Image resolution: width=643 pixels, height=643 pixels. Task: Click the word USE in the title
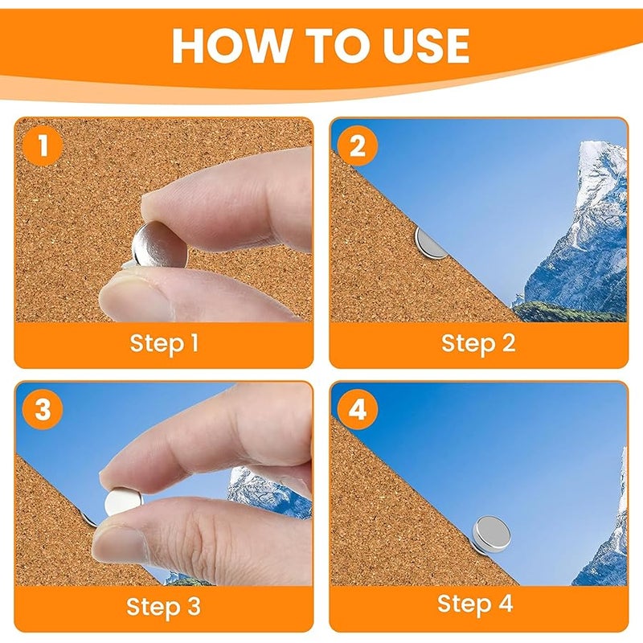[x=424, y=46]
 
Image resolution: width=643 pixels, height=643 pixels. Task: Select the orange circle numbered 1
[x=43, y=145]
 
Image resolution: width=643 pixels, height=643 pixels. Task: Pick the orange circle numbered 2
[x=357, y=145]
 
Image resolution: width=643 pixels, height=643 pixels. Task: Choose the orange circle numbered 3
[x=43, y=409]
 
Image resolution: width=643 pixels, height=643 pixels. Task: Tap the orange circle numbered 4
[x=357, y=409]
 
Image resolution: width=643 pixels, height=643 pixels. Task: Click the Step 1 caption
[x=164, y=343]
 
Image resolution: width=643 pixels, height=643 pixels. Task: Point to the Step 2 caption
[x=478, y=343]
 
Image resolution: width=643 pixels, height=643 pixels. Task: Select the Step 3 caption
[x=163, y=607]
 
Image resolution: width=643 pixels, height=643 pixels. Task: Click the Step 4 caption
[x=475, y=604]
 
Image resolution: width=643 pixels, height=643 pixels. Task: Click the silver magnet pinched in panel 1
[x=159, y=246]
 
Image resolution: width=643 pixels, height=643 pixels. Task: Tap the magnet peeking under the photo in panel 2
[x=430, y=244]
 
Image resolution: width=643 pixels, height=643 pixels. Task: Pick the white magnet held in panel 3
[x=123, y=502]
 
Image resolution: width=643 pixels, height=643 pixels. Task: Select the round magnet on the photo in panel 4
[x=492, y=534]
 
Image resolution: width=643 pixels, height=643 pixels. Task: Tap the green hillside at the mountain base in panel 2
[x=568, y=312]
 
